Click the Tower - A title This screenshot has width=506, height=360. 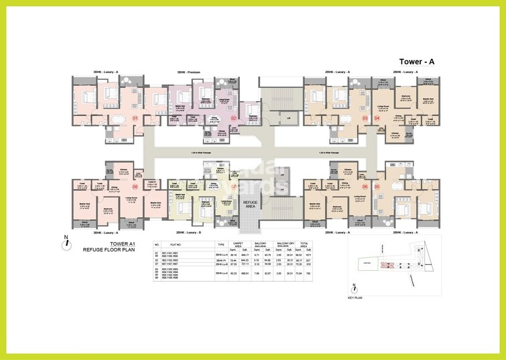point(417,61)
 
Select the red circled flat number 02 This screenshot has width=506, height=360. point(234,118)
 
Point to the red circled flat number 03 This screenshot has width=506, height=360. point(365,118)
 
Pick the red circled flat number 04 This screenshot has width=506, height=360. point(377,118)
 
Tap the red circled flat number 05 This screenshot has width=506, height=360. point(377,186)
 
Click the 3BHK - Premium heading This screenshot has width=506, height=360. point(189,72)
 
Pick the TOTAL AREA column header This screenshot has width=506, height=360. point(305,246)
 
